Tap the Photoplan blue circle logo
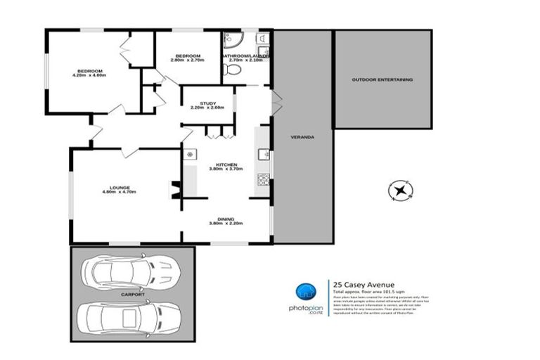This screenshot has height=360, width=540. [x=303, y=291]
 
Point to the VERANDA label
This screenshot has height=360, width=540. [x=302, y=136]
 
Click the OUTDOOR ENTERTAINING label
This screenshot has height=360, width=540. [x=382, y=79]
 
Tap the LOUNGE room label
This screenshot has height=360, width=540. [x=119, y=187]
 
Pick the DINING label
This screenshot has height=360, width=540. [x=226, y=219]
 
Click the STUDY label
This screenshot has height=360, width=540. [x=207, y=103]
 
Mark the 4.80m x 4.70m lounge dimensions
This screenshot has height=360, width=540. [x=119, y=192]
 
